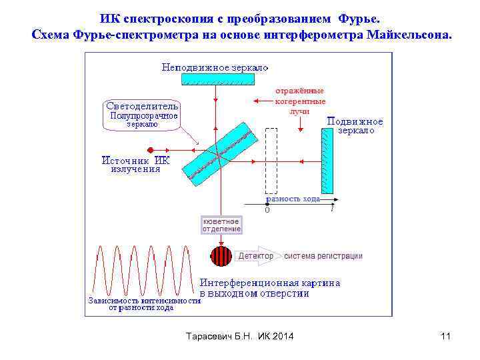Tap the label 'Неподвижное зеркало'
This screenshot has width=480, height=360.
tap(215, 67)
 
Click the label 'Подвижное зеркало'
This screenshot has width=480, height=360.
tap(355, 126)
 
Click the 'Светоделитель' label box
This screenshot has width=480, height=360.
tap(142, 105)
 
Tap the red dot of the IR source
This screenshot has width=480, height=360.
tap(151, 150)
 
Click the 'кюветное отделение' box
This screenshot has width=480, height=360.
tap(221, 225)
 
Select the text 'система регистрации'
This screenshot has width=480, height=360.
tap(323, 256)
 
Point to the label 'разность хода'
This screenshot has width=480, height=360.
tap(293, 199)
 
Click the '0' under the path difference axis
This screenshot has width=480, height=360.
tap(267, 210)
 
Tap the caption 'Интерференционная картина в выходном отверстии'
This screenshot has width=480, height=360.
tap(270, 287)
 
